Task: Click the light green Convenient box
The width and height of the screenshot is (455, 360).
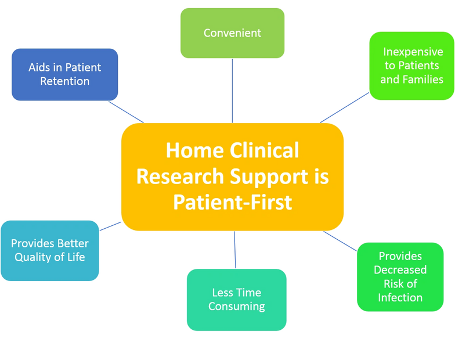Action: click(x=232, y=33)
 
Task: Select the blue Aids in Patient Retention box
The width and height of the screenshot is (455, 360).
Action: click(x=64, y=74)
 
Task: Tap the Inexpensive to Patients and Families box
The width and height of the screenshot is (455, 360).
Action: click(x=411, y=66)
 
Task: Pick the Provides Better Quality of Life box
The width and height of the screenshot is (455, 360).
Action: click(x=50, y=250)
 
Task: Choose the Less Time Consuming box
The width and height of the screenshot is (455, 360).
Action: click(x=236, y=299)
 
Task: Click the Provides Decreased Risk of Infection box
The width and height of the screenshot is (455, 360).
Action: click(x=400, y=277)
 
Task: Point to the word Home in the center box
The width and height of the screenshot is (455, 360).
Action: click(x=194, y=150)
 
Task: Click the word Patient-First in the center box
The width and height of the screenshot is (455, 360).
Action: click(x=232, y=203)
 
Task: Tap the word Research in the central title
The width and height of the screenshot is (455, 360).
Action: click(x=182, y=177)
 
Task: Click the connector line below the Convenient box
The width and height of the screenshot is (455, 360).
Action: click(x=232, y=90)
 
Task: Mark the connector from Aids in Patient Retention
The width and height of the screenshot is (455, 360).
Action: click(x=127, y=112)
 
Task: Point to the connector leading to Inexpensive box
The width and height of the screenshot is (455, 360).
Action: click(x=344, y=107)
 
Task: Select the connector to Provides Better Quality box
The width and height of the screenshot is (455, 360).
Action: click(x=110, y=225)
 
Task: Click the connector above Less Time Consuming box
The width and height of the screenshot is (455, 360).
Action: click(x=235, y=250)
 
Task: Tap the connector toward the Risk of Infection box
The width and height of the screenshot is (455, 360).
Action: click(x=340, y=242)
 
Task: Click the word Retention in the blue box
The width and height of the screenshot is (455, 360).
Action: click(x=64, y=81)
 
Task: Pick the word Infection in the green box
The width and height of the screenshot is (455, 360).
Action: click(x=400, y=298)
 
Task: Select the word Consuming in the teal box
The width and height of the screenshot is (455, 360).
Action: click(x=236, y=306)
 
